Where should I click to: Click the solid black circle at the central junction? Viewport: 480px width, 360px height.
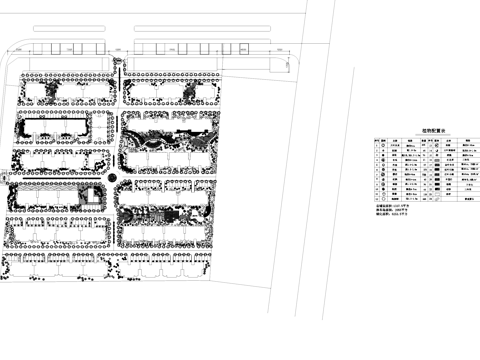coord(113,178)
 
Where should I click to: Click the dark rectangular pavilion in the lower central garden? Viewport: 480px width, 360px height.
coord(172,212)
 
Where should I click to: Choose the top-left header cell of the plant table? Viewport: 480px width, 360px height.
coord(377,140)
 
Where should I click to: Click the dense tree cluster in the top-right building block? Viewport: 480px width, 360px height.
coord(190,93)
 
